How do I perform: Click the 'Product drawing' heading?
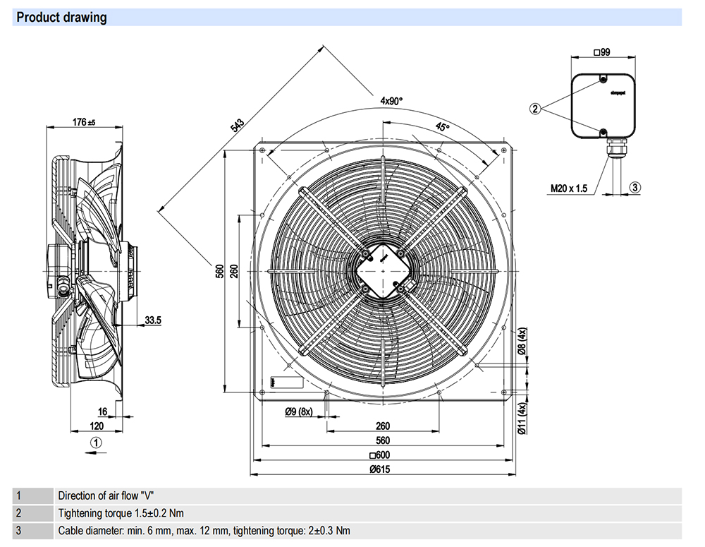pos(62,18)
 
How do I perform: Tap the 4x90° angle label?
pos(391,101)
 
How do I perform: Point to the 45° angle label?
pos(441,127)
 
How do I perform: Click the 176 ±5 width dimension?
pos(84,122)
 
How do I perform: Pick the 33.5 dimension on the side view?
pos(153,320)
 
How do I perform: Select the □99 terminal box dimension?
pos(601,52)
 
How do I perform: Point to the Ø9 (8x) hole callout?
pos(299,411)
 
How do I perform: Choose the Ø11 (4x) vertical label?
pos(522,419)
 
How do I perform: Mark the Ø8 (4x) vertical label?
pos(522,342)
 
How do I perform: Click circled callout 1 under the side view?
pos(97,442)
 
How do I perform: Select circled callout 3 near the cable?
pos(634,188)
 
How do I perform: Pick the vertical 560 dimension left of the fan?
pos(219,271)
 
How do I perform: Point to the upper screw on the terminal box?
pos(603,79)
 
